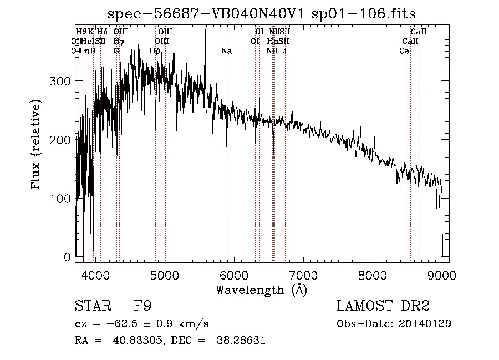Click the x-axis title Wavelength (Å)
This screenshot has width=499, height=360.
261,290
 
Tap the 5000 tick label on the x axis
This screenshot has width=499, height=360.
165,274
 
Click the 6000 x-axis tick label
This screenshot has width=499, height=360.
234,274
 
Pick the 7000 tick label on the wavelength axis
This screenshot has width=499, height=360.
303,274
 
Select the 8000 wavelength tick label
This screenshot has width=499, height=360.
373,274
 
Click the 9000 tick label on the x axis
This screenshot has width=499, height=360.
442,274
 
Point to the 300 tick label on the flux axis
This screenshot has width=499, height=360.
60,82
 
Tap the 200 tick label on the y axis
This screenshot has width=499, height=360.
60,140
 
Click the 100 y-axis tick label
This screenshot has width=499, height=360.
60,199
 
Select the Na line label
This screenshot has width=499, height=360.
226,51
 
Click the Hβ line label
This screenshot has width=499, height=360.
155,51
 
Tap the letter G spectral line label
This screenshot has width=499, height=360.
116,51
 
